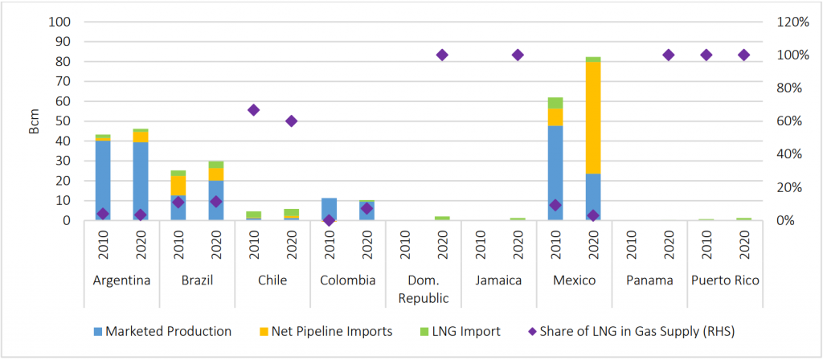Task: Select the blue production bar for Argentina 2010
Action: tap(102, 180)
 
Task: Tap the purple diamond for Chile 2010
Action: tap(253, 110)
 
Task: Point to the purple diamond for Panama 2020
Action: tap(668, 55)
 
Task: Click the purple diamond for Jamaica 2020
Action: tap(518, 55)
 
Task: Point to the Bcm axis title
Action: tap(34, 121)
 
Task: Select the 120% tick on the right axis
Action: tap(792, 22)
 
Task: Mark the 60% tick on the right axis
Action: tap(792, 121)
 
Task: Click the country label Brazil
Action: tap(197, 280)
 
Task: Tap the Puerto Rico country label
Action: tap(725, 280)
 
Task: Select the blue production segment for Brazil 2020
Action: tap(215, 200)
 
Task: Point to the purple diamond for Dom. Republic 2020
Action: tap(442, 55)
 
